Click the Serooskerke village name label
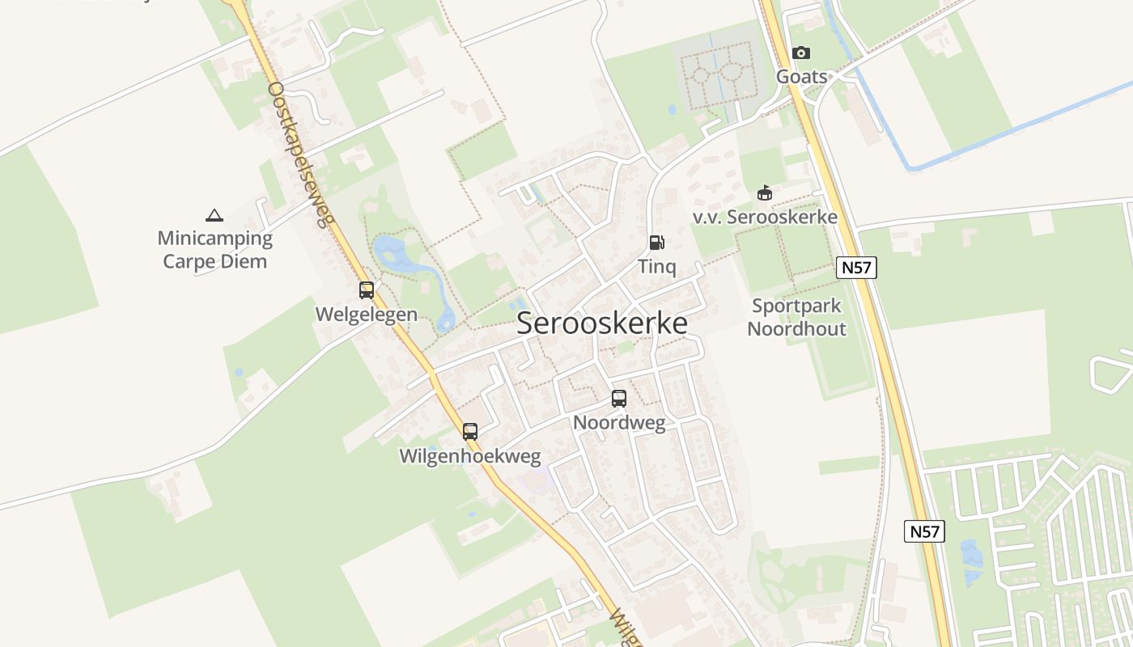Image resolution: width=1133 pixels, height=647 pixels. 602,323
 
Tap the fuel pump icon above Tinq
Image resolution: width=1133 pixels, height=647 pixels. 656,243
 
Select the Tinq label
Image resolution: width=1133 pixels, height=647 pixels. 656,266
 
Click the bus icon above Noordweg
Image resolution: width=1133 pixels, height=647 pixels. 619,398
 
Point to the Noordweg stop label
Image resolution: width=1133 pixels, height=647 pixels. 619,422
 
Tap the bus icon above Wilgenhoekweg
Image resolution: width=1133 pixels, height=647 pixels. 470,432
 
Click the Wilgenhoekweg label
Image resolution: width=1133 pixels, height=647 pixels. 470,456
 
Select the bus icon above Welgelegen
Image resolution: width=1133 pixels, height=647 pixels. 367,290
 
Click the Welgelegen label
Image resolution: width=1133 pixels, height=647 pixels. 367,315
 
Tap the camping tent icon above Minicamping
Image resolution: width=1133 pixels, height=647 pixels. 214,215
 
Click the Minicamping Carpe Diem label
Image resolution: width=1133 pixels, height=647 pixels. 214,250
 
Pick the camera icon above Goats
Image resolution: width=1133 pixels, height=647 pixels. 801,53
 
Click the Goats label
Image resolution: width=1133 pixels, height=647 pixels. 802,77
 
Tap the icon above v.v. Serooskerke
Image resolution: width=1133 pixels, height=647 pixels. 765,193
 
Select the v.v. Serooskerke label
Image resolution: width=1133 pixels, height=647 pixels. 765,217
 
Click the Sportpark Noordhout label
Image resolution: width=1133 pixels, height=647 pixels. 797,317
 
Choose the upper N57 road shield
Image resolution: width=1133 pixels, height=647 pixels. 856,268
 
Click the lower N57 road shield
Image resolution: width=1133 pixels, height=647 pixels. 924,531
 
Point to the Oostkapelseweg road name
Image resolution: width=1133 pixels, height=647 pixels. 300,154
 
